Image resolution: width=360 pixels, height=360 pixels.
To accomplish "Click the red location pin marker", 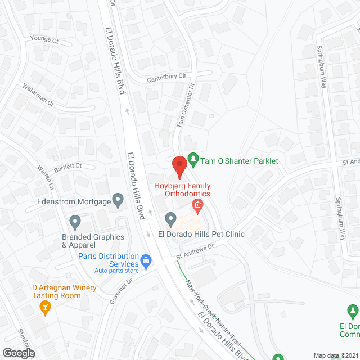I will [179, 166].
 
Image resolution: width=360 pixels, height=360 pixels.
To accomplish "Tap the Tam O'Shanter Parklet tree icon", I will [193, 160].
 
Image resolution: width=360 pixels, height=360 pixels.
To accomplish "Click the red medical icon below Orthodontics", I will [197, 205].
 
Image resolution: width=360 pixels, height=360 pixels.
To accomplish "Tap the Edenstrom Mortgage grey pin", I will [118, 200].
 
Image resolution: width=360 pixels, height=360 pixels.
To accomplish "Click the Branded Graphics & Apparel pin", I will [75, 222].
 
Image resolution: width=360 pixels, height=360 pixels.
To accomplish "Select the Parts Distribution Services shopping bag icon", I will [146, 260].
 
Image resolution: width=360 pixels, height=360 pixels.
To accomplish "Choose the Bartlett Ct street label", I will [68, 166].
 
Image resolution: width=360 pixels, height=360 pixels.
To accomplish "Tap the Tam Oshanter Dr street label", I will [185, 105].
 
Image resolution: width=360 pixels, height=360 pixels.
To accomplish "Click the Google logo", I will [18, 353].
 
